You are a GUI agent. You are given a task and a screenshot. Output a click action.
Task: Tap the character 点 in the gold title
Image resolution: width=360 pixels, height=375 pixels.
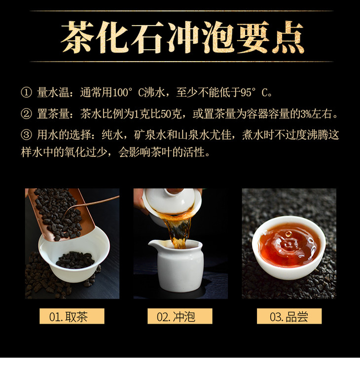click(288, 37)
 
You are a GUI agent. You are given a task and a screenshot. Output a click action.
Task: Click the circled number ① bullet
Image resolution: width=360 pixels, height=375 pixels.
click(26, 92)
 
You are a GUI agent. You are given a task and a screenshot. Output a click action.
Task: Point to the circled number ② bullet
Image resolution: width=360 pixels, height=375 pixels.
click(26, 113)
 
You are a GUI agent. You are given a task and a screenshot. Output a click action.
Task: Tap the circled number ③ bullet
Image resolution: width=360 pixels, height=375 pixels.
click(26, 135)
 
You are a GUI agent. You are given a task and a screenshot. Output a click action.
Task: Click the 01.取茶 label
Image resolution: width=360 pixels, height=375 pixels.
click(72, 316)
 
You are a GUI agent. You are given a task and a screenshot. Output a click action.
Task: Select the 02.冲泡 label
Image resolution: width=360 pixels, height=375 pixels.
click(180, 316)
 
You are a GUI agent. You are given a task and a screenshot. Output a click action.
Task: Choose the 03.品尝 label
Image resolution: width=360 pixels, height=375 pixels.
click(289, 316)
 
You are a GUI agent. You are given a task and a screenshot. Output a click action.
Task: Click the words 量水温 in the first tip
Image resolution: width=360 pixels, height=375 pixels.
click(53, 93)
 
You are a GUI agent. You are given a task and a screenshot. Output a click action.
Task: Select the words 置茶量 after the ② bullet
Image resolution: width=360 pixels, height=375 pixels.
click(53, 114)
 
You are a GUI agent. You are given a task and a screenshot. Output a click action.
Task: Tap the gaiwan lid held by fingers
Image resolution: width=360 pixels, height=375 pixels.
click(172, 200)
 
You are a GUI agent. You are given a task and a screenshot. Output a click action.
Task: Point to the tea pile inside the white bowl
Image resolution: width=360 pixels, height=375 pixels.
click(75, 260)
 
